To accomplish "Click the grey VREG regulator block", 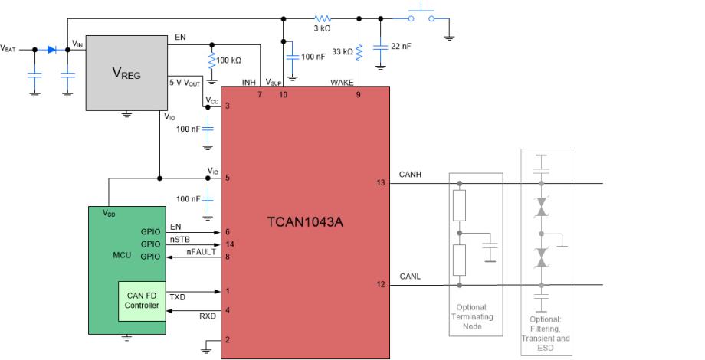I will tap(126, 74).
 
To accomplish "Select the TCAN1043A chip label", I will tap(304, 222).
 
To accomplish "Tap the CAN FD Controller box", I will tap(142, 300).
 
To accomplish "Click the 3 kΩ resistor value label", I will tap(322, 28).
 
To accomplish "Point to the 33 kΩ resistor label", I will tap(343, 52).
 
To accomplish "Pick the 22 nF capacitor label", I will tap(401, 46).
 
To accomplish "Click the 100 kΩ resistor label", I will tap(229, 60).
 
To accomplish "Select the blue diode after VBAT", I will tap(51, 49).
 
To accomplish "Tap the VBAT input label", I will tap(8, 49).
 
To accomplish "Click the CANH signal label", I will tap(410, 175).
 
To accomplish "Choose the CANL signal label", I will tap(410, 277).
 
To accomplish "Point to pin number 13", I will tap(381, 183).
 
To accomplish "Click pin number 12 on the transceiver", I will tap(381, 285).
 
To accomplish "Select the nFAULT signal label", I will tap(202, 251).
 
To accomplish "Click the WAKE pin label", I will tap(342, 83).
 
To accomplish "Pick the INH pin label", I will tap(249, 83).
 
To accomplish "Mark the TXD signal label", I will tap(177, 296).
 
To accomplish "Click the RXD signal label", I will tap(208, 316).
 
